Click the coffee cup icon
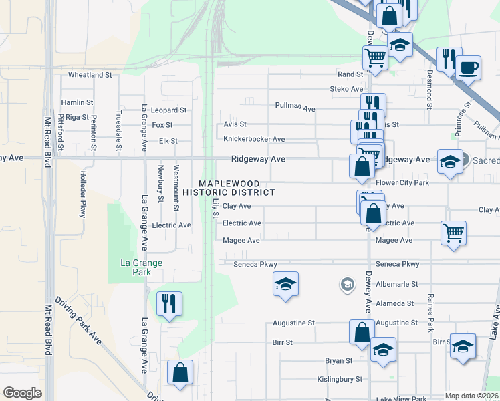pyautogui.click(x=469, y=67)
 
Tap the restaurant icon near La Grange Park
pyautogui.click(x=168, y=303)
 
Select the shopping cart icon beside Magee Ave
pyautogui.click(x=453, y=233)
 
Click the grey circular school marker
pyautogui.click(x=346, y=285)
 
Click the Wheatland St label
pyautogui.click(x=90, y=75)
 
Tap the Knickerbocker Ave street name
pyautogui.click(x=254, y=139)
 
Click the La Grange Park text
pyautogui.click(x=141, y=267)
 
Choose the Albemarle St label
pyautogui.click(x=396, y=284)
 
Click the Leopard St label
pyautogui.click(x=168, y=110)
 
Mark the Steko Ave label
pyautogui.click(x=346, y=89)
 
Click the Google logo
pyautogui.click(x=22, y=393)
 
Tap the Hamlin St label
pyautogui.click(x=77, y=102)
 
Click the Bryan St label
pyautogui.click(x=338, y=361)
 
